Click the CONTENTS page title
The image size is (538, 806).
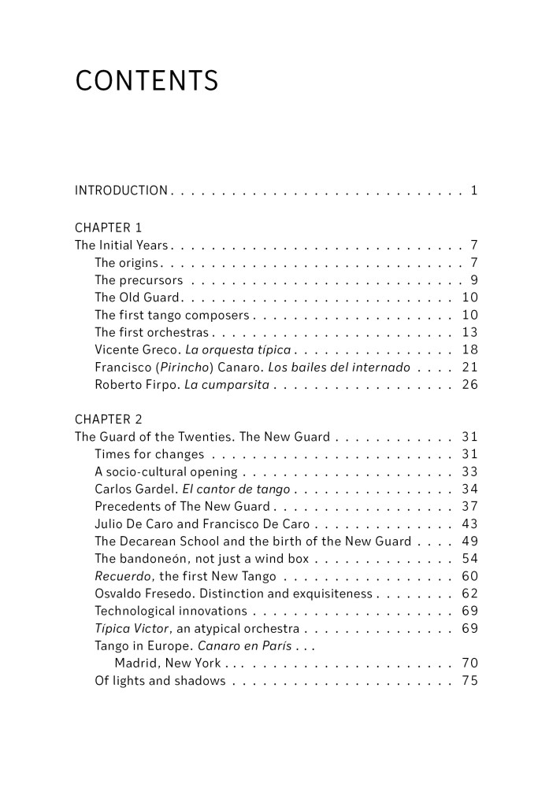pyautogui.click(x=147, y=81)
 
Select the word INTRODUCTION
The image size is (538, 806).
pyautogui.click(x=121, y=190)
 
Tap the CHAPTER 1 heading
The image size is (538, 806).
pyautogui.click(x=109, y=228)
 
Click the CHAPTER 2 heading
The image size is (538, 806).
pyautogui.click(x=109, y=419)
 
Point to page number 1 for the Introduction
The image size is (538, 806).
pyautogui.click(x=473, y=190)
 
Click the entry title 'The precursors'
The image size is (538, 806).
pyautogui.click(x=139, y=280)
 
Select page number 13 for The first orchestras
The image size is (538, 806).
pyautogui.click(x=469, y=332)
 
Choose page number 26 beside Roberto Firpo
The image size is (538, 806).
pyautogui.click(x=469, y=385)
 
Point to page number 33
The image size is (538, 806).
pyautogui.click(x=469, y=471)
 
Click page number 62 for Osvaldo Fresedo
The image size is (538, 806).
pyautogui.click(x=469, y=593)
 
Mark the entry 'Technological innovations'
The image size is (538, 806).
pyautogui.click(x=171, y=611)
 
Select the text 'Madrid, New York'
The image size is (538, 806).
pyautogui.click(x=168, y=664)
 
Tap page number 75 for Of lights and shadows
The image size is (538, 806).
pyautogui.click(x=469, y=681)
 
